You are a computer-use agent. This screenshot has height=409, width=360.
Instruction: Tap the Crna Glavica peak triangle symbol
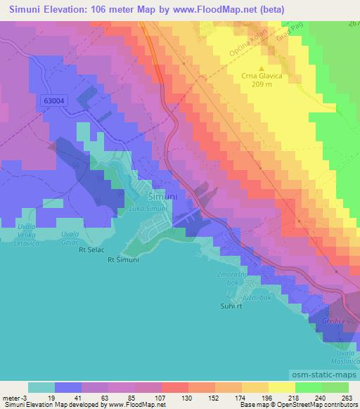tap(261, 69)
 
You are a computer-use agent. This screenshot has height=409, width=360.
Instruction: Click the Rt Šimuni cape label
tap(120, 259)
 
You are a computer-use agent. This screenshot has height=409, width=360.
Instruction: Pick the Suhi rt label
tap(229, 306)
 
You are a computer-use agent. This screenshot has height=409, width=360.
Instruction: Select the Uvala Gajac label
tap(70, 237)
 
